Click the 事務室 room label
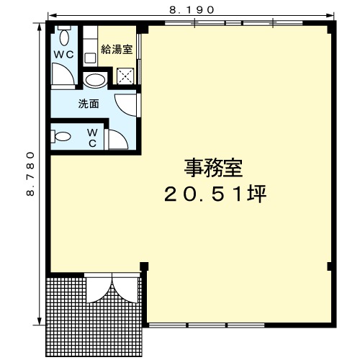click(213, 168)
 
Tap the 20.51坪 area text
click(215, 194)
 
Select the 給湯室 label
click(117, 50)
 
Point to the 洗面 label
click(89, 104)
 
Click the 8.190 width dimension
click(192, 10)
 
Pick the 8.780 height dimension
click(30, 174)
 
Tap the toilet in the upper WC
click(64, 36)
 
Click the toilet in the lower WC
click(60, 137)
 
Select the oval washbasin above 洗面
click(95, 80)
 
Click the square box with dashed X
click(125, 76)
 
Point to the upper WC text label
click(63, 55)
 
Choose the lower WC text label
click(92, 138)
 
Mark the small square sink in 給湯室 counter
click(90, 58)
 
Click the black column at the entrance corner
click(144, 266)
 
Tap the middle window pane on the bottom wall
click(207, 325)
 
